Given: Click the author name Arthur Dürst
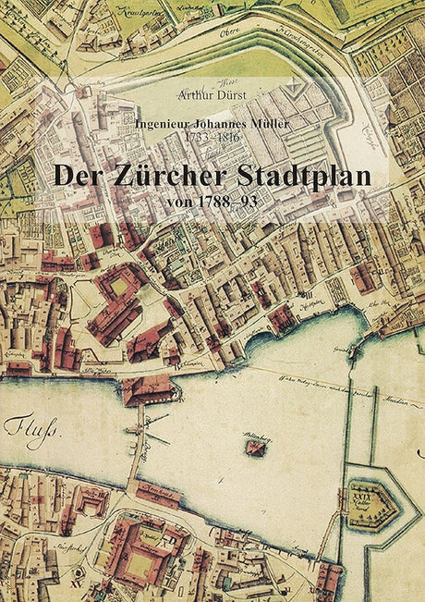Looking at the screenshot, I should [212, 92].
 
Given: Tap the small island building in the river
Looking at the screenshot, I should [255, 448].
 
